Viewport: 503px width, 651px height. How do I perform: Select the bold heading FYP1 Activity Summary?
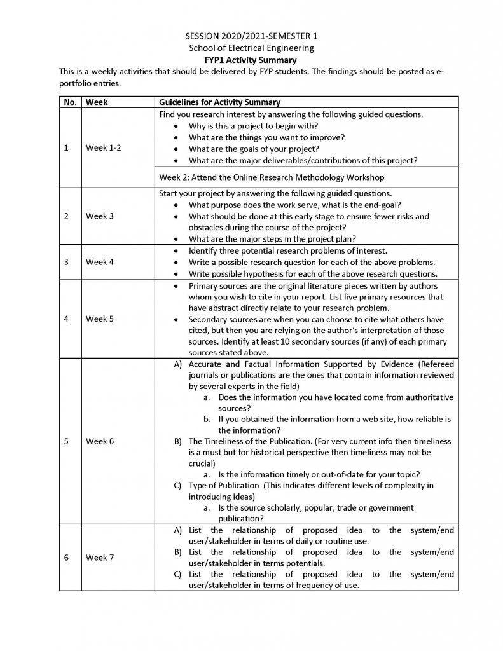click(251, 59)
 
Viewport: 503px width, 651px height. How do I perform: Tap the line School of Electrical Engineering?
click(251, 48)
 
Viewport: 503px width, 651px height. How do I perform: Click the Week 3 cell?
click(100, 216)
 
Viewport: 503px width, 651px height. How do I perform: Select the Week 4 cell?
click(100, 262)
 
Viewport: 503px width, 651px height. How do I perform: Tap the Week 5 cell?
click(100, 319)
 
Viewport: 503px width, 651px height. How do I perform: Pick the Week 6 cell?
click(100, 441)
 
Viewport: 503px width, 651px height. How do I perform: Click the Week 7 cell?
click(100, 558)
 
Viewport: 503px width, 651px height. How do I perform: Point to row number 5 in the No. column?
click(67, 441)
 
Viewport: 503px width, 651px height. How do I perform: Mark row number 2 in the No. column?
click(67, 216)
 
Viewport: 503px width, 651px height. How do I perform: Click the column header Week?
click(97, 102)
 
